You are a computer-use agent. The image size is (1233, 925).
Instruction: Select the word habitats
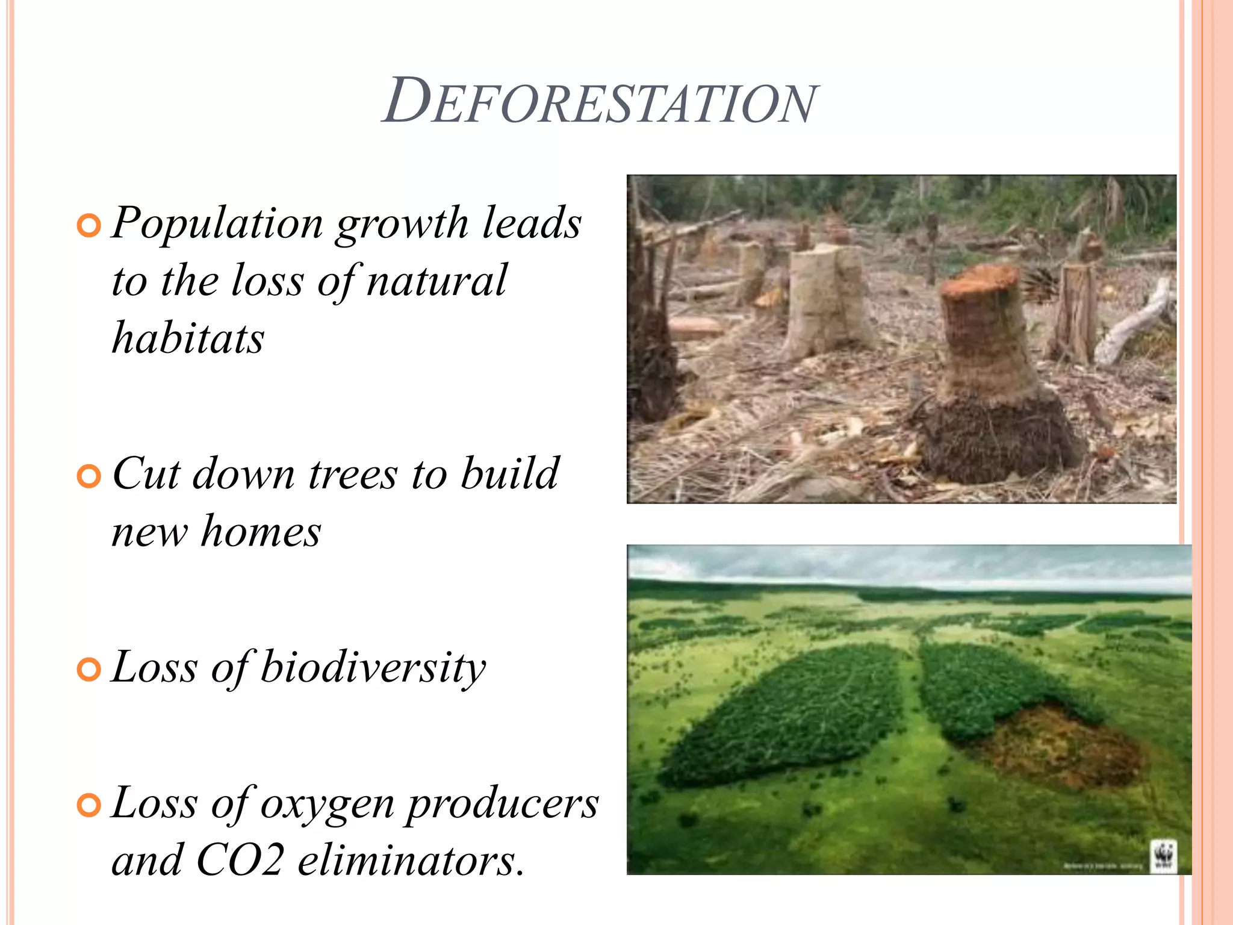188,338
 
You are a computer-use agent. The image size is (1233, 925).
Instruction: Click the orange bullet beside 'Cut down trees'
89,476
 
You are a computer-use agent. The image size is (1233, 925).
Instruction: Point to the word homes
261,532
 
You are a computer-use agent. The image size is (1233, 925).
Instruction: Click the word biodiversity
373,668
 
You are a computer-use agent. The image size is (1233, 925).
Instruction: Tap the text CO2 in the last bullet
240,861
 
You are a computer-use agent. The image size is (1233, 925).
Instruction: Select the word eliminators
411,861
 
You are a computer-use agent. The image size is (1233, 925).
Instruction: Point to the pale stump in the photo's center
828,295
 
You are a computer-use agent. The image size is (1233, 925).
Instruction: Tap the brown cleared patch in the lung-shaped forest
1060,747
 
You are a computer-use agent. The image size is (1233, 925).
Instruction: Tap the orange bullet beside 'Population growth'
89,226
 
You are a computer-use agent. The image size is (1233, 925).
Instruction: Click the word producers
503,805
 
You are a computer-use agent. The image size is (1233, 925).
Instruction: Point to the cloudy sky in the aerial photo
903,563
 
